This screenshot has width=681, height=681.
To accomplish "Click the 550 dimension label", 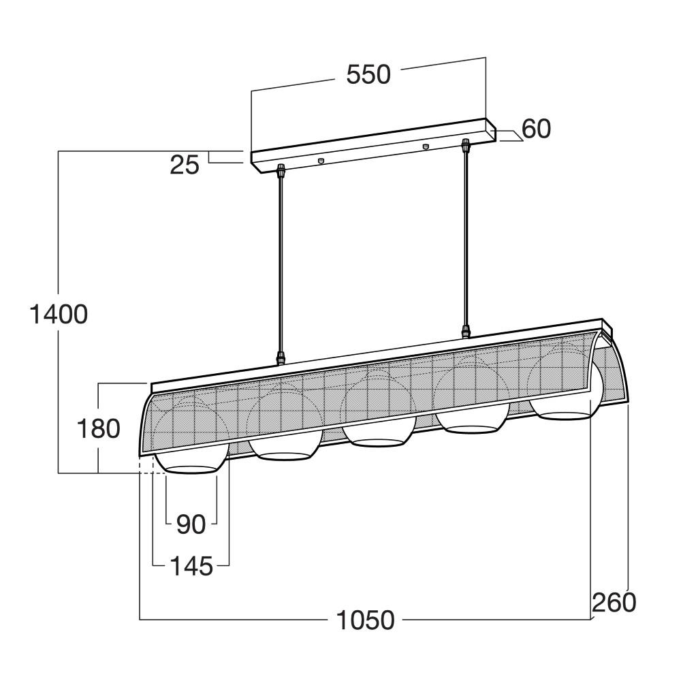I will click(368, 74).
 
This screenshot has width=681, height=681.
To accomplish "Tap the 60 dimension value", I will click(536, 129).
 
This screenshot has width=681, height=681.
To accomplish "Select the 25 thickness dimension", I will click(185, 164).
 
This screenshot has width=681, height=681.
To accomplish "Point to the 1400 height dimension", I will click(59, 314).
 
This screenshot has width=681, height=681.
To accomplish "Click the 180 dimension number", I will click(98, 428).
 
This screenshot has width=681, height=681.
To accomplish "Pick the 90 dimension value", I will click(191, 524).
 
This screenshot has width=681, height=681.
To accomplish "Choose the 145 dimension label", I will click(191, 566).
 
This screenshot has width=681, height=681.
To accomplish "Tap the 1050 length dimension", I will click(365, 620).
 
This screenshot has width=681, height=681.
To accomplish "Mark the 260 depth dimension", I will click(614, 603).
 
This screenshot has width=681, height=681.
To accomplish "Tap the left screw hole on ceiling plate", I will click(321, 161).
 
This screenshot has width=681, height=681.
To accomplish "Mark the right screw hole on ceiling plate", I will click(426, 146).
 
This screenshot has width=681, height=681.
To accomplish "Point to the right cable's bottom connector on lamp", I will click(466, 332).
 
